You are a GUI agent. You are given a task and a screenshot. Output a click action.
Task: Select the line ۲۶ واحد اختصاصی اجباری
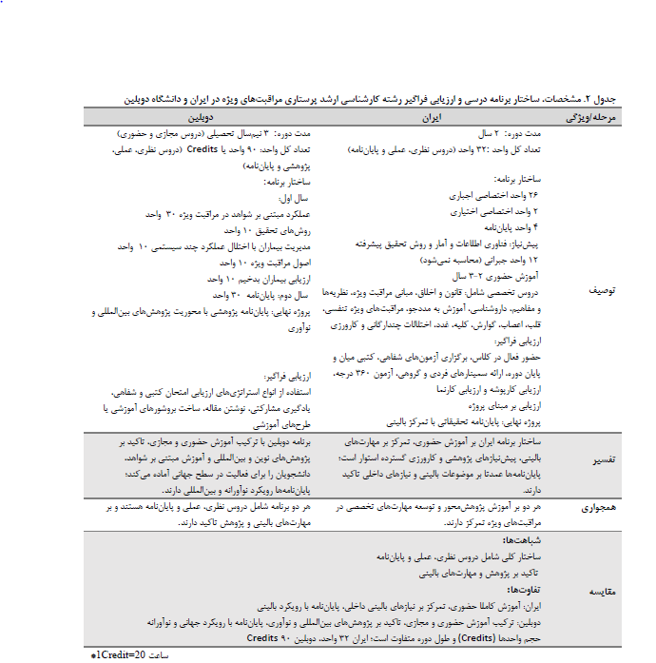[x=495, y=194]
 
